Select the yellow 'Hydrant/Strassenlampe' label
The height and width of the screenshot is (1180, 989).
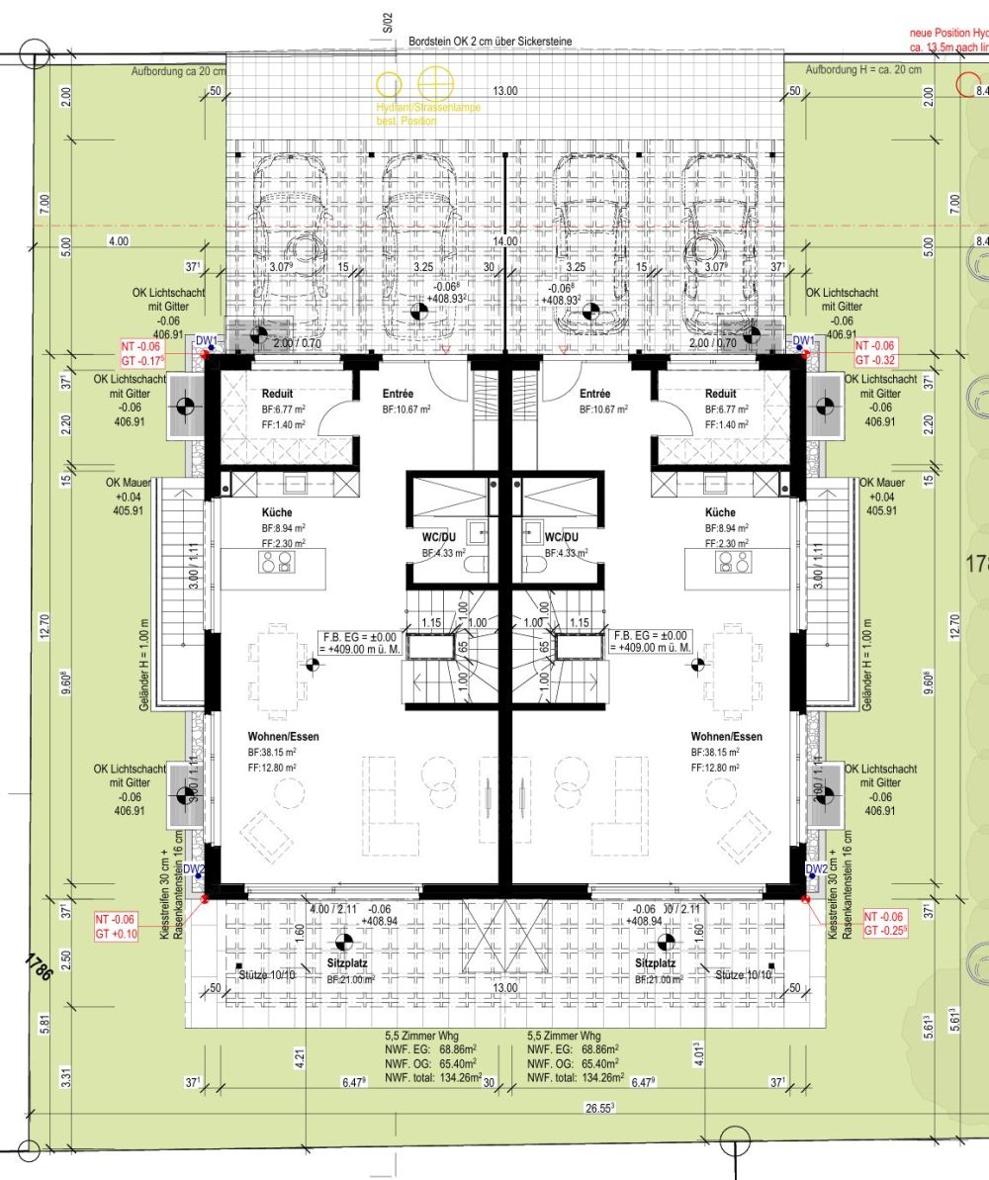428,107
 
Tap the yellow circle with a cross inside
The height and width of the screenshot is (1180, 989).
433,83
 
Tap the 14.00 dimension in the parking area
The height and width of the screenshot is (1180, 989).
506,240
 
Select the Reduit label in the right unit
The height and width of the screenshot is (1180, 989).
720,394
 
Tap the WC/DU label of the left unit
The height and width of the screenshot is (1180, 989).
437,538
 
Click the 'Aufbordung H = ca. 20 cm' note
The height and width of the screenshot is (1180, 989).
862,70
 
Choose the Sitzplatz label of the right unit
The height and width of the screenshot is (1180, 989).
655,961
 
